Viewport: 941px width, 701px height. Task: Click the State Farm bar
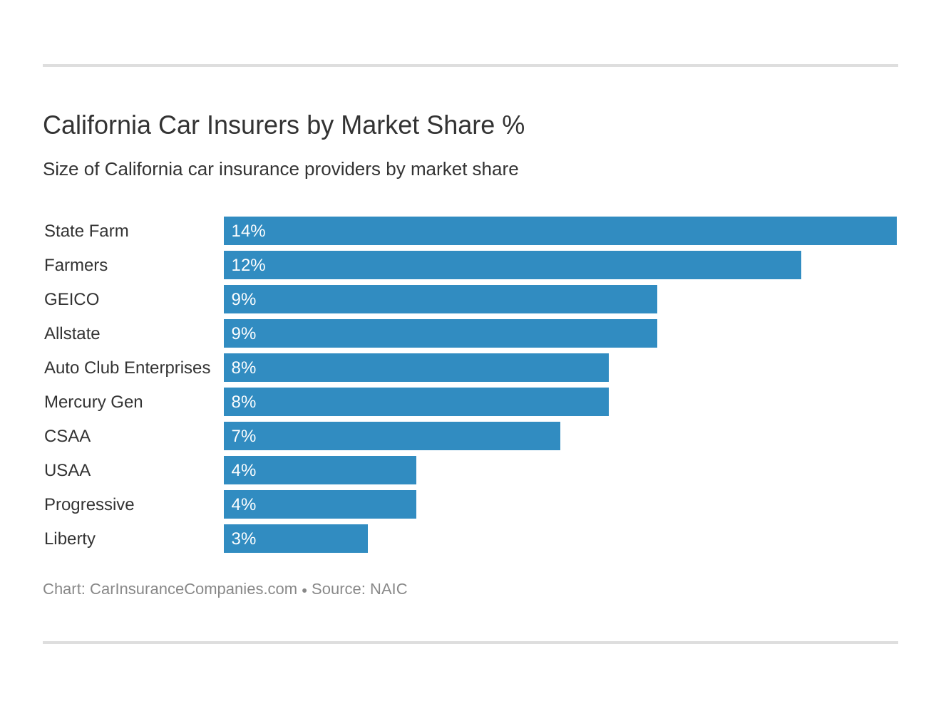pos(560,231)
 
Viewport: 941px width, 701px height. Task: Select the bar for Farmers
pos(512,265)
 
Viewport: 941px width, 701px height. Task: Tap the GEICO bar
pos(440,299)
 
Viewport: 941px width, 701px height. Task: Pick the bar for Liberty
pos(295,539)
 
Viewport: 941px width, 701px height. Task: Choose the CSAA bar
pos(391,436)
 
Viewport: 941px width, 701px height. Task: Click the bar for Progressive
pos(319,504)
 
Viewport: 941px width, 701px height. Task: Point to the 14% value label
pos(248,231)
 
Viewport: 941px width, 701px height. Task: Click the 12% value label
pos(248,265)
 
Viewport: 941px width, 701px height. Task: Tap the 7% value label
pos(243,436)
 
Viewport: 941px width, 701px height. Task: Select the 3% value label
pos(243,539)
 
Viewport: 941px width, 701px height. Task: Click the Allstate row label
pos(72,333)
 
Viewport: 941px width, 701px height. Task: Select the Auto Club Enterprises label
pos(127,368)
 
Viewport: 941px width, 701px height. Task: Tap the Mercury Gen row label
pos(93,402)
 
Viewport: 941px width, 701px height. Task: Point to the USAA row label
pos(67,470)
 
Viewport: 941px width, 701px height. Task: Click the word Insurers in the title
pos(253,125)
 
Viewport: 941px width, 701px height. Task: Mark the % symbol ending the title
pos(513,125)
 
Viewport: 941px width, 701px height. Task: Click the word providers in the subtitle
pos(338,170)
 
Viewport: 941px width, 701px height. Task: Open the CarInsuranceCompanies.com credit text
pos(193,589)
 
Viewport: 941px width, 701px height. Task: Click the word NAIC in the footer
pos(389,589)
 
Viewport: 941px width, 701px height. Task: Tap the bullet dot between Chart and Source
pos(304,591)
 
